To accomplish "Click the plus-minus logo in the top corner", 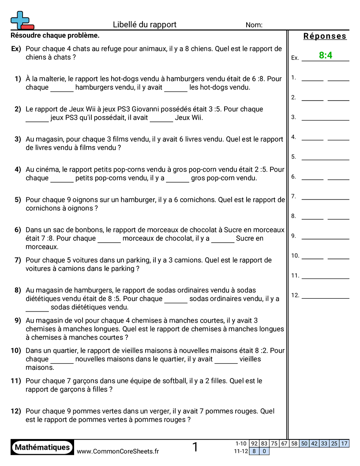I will click(22, 20).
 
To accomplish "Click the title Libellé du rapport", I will click(144, 25).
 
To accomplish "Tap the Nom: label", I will click(254, 25).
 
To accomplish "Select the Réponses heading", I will click(325, 36).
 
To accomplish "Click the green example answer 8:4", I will click(326, 55).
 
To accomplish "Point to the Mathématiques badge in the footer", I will click(42, 447).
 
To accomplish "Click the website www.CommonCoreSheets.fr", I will click(118, 451).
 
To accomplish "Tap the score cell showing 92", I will click(254, 443).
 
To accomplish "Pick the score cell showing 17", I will click(344, 443).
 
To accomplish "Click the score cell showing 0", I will click(264, 451).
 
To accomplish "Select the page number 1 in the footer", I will click(195, 447).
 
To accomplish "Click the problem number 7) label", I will click(18, 260).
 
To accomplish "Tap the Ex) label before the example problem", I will click(16, 49).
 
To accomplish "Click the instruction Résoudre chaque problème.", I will click(55, 35).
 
